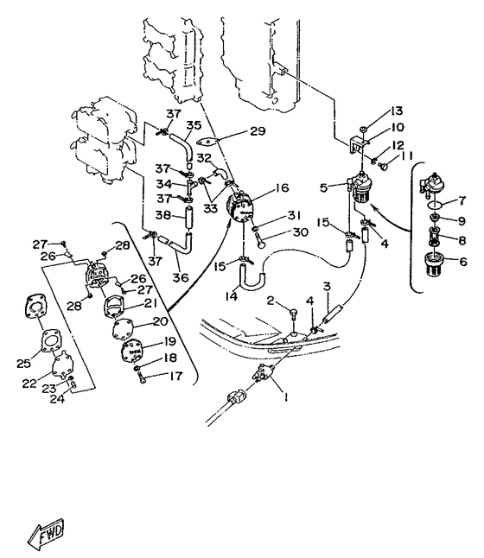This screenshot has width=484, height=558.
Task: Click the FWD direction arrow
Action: coord(46,535)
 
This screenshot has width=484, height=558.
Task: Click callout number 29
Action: coord(258,131)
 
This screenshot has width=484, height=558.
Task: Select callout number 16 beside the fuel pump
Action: coord(282,187)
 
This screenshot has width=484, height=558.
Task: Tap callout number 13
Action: coord(396,111)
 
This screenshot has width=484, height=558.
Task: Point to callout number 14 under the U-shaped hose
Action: coord(232,295)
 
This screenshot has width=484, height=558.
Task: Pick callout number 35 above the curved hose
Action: coord(194,125)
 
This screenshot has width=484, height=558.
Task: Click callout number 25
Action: coord(23,363)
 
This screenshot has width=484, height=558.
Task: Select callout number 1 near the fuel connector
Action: coord(285,396)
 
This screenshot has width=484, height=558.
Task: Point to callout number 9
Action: coord(462,221)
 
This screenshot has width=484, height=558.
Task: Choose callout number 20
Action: coord(160,321)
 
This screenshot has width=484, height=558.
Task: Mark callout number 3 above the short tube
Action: coord(327,286)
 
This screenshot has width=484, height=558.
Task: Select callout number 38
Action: coord(162,215)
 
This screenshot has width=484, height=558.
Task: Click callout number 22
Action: coord(29,383)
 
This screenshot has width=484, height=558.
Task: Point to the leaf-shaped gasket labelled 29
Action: coord(207,142)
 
